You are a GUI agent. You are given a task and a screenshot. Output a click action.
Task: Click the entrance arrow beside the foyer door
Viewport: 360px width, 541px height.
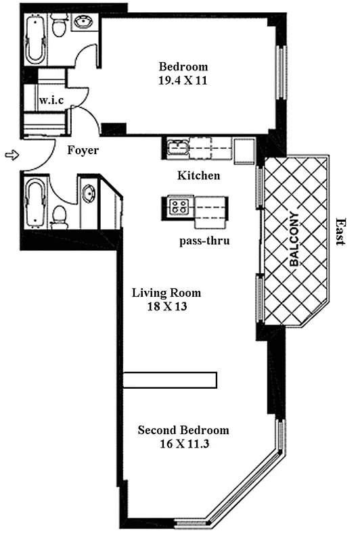[9, 156]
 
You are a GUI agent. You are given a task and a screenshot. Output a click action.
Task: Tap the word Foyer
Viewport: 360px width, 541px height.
[83, 150]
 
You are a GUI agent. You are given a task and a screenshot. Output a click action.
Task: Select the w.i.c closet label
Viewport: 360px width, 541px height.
[50, 100]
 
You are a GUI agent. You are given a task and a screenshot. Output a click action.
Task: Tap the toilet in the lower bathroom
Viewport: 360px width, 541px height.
[60, 216]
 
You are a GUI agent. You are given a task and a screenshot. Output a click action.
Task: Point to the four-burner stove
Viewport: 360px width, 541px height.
[179, 205]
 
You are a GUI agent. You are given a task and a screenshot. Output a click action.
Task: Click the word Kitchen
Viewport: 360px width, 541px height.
[198, 176]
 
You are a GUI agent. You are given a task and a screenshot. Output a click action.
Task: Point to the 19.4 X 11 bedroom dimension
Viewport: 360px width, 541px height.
[183, 78]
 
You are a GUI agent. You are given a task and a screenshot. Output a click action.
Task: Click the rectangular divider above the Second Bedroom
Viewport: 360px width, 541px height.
[170, 379]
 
